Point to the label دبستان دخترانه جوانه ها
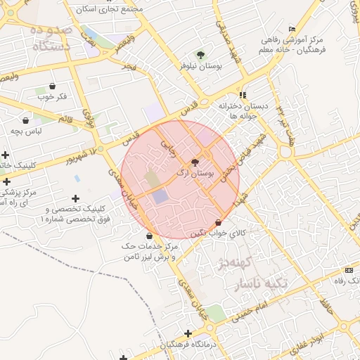pos(243,110)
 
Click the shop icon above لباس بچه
pos(26,120)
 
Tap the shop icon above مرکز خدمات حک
pos(149,235)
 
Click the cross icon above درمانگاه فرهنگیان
pos(188,333)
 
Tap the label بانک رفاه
pos(345,281)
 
